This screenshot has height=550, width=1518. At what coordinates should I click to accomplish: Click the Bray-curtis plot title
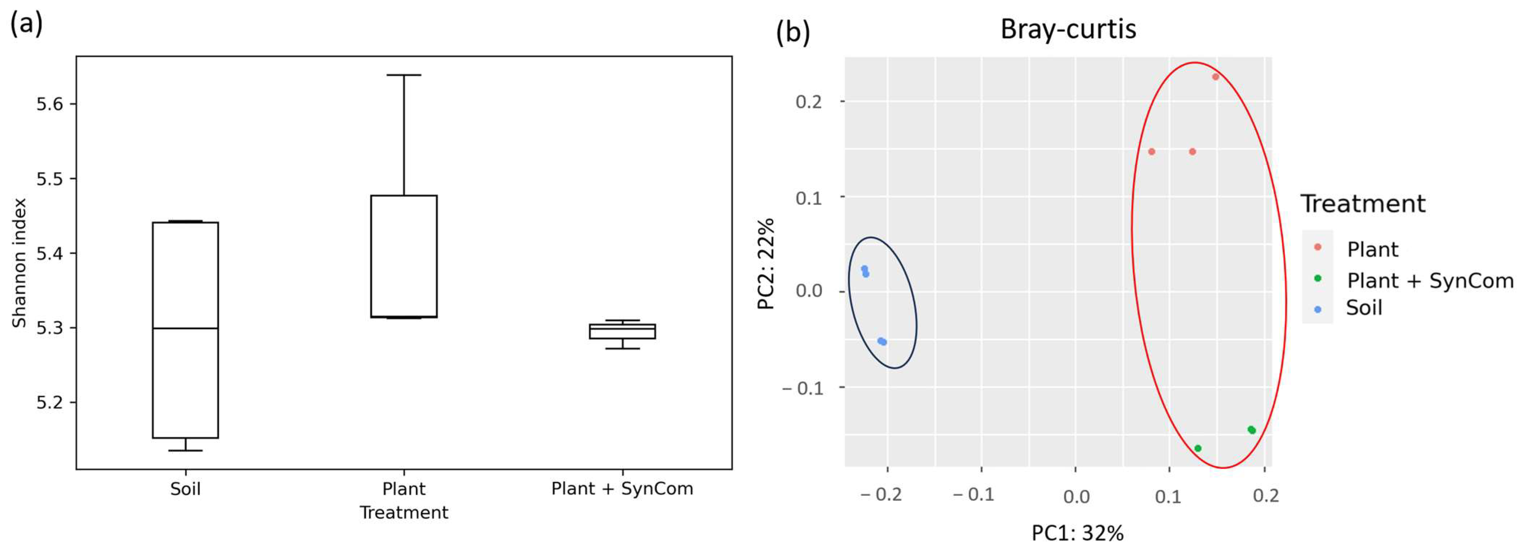point(1068,29)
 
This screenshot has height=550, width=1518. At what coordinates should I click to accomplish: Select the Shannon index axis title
point(20,262)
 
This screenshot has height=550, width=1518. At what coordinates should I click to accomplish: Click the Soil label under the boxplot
point(185,489)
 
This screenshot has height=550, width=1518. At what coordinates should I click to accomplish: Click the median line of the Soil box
point(185,328)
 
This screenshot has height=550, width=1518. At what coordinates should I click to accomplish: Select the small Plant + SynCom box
point(622,331)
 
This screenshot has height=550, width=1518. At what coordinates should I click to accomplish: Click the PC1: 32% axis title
point(1077,533)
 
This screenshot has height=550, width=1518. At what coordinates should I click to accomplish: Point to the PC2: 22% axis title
point(766,263)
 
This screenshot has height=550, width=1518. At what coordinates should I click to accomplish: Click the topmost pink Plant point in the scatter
point(1215,77)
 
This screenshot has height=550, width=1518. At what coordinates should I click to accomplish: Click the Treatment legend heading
point(1362,204)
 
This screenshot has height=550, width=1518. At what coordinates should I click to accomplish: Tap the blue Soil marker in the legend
point(1318,309)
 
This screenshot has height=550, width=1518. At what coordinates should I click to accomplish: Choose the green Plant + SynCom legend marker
point(1318,278)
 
